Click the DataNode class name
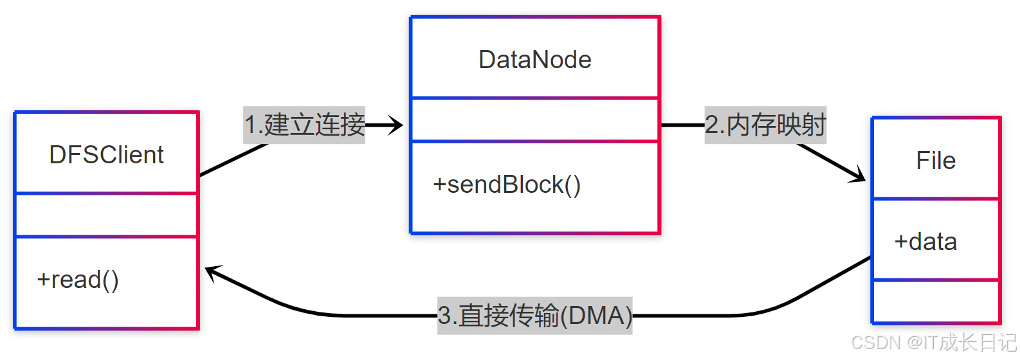coord(534,60)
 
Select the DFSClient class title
coord(106,155)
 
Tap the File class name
coord(935,161)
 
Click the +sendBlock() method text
coord(507,184)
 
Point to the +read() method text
coord(78,280)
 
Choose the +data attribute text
coord(925,242)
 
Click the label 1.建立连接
coord(304,125)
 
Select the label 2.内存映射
coord(765,125)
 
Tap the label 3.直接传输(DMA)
coord(534,316)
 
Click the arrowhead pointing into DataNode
coord(396,125)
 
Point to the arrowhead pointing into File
coord(858,175)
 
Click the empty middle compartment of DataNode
coord(534,120)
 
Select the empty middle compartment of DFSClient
coord(106,215)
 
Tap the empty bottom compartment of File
coord(935,301)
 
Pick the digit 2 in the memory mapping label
coord(711,125)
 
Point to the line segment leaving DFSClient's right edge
coord(232,159)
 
